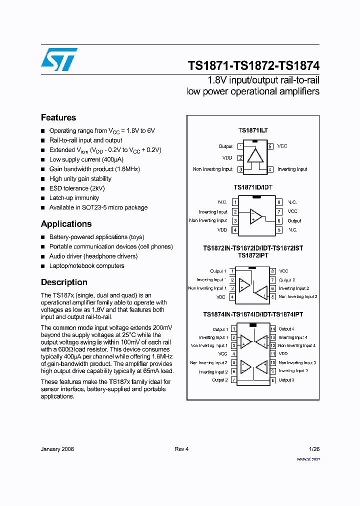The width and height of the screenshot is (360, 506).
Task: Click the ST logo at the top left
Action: tap(59, 59)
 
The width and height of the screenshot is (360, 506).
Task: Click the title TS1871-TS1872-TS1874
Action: tap(253, 66)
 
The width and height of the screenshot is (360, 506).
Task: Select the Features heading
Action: tap(58, 117)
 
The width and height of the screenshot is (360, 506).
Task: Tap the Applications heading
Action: tap(66, 224)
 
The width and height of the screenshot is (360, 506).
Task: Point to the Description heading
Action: tap(64, 282)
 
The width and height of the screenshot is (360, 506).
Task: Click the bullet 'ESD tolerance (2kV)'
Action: tap(77, 188)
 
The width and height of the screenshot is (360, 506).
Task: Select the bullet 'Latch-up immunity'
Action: tap(74, 198)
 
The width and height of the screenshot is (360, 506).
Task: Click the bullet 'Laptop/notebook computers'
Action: tap(86, 266)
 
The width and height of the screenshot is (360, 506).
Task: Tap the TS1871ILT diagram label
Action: tap(253, 130)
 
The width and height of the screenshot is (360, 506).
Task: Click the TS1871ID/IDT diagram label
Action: tap(253, 187)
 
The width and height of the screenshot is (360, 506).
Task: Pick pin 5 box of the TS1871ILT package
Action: tap(270, 146)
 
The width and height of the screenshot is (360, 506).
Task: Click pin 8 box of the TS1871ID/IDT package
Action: tap(279, 202)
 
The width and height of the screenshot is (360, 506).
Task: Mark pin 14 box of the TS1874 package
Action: tap(273, 329)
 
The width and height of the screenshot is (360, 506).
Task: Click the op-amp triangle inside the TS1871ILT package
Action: tap(255, 155)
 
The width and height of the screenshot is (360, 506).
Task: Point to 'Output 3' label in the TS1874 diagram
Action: tap(286, 380)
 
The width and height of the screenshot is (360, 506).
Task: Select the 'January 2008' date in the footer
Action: tap(57, 449)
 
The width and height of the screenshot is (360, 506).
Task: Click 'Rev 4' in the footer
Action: tap(181, 449)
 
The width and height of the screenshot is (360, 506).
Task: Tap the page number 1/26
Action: tap(314, 449)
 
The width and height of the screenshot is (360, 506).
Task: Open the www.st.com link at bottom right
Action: tap(308, 458)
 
